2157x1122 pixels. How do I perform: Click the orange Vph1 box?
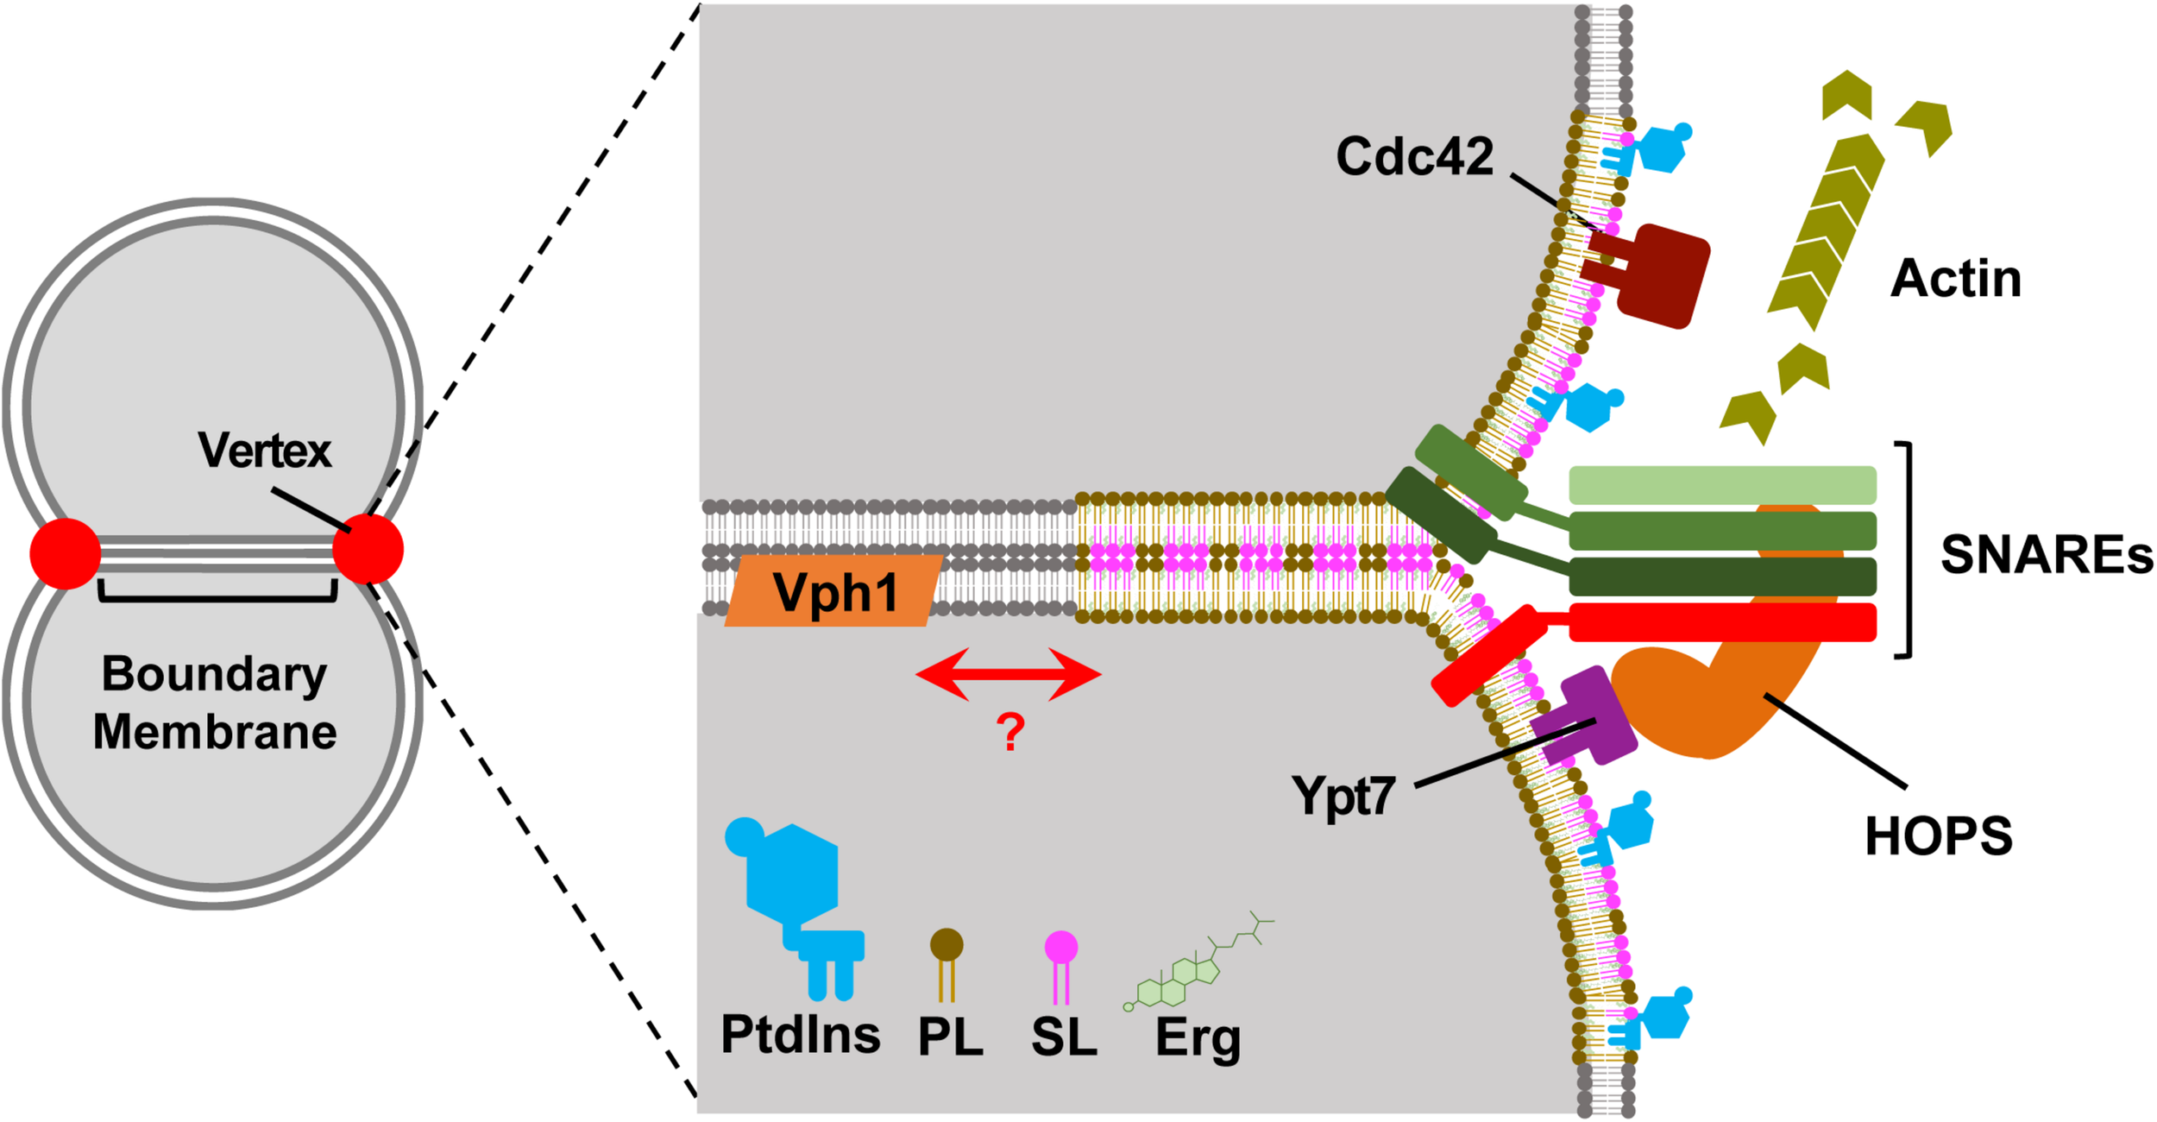tap(833, 591)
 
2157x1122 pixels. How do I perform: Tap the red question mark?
tap(1009, 732)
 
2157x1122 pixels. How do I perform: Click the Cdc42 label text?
tap(1414, 157)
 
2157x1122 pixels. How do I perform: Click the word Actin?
tap(1955, 279)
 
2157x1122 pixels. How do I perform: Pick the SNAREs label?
tap(2046, 554)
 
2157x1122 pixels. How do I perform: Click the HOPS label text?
tap(1938, 836)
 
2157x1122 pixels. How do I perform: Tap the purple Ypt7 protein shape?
tap(1588, 716)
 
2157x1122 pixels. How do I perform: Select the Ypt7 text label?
tap(1343, 795)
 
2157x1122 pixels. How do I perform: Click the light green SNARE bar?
tap(1721, 485)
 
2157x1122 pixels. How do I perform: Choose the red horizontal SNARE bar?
tap(1721, 622)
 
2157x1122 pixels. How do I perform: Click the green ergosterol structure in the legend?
tap(1191, 971)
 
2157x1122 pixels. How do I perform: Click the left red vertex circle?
tap(65, 554)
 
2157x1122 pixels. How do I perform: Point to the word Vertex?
tap(264, 451)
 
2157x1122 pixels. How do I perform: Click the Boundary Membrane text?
tap(214, 703)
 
